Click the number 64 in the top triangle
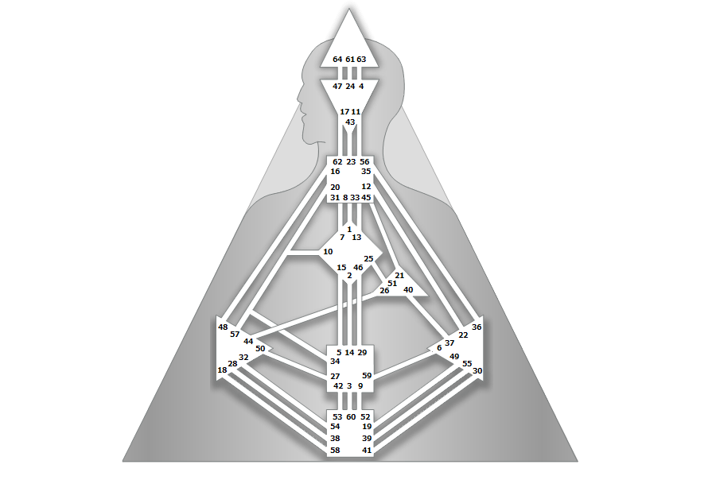pos(337,60)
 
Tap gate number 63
pos(361,60)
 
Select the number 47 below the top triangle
pos(337,86)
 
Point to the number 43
pos(350,122)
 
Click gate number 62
pos(337,162)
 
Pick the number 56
pos(365,162)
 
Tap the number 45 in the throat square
pos(366,197)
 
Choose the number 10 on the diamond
pos(328,252)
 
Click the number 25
pos(368,259)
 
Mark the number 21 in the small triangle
pos(399,276)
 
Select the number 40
pos(408,290)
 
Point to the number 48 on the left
pos(223,327)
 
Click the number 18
pos(222,370)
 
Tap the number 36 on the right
pos(477,327)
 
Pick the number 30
pos(477,371)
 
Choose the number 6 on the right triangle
pos(439,348)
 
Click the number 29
pos(362,352)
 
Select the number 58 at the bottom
pos(335,451)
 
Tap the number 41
pos(366,451)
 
